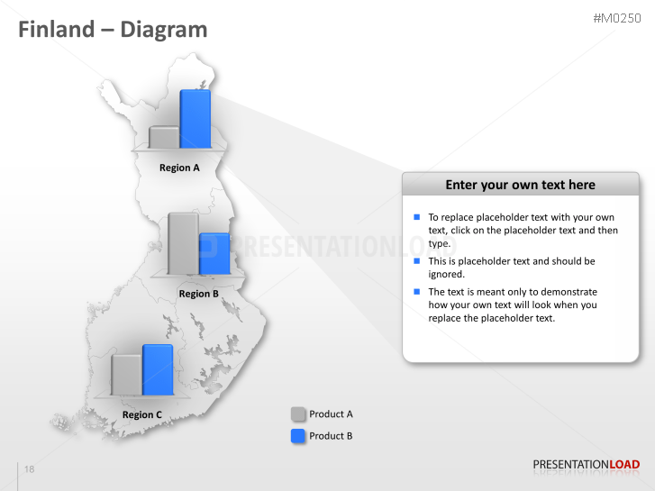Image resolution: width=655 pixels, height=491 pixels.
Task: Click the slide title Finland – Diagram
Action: (113, 30)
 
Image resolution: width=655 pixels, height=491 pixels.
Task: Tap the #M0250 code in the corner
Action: (616, 18)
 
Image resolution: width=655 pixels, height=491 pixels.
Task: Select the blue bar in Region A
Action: (196, 119)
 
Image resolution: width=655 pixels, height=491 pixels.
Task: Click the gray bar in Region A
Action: (164, 137)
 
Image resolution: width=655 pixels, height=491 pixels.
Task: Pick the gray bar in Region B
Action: (183, 243)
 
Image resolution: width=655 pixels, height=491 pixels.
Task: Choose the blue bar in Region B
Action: (214, 254)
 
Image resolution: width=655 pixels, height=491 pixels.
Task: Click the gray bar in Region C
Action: (126, 375)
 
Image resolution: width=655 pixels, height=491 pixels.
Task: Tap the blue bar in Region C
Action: (158, 370)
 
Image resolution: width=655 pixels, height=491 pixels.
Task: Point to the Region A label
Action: (179, 168)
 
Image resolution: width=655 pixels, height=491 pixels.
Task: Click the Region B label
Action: (198, 294)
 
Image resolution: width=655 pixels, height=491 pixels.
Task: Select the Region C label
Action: (141, 415)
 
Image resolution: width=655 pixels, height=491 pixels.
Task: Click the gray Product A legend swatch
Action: (298, 414)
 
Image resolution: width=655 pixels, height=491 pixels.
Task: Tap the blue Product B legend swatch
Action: (298, 436)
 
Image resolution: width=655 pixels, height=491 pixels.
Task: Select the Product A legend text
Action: (331, 414)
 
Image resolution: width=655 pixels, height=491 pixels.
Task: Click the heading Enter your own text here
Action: (520, 185)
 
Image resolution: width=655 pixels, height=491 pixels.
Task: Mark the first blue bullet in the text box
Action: (416, 217)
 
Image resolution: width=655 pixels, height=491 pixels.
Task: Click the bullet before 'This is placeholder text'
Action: (416, 261)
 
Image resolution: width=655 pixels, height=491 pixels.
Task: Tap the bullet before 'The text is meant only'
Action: (416, 292)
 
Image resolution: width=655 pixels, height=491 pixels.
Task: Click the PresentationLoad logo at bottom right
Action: (586, 465)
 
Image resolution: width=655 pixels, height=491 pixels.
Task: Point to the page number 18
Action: (30, 470)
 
